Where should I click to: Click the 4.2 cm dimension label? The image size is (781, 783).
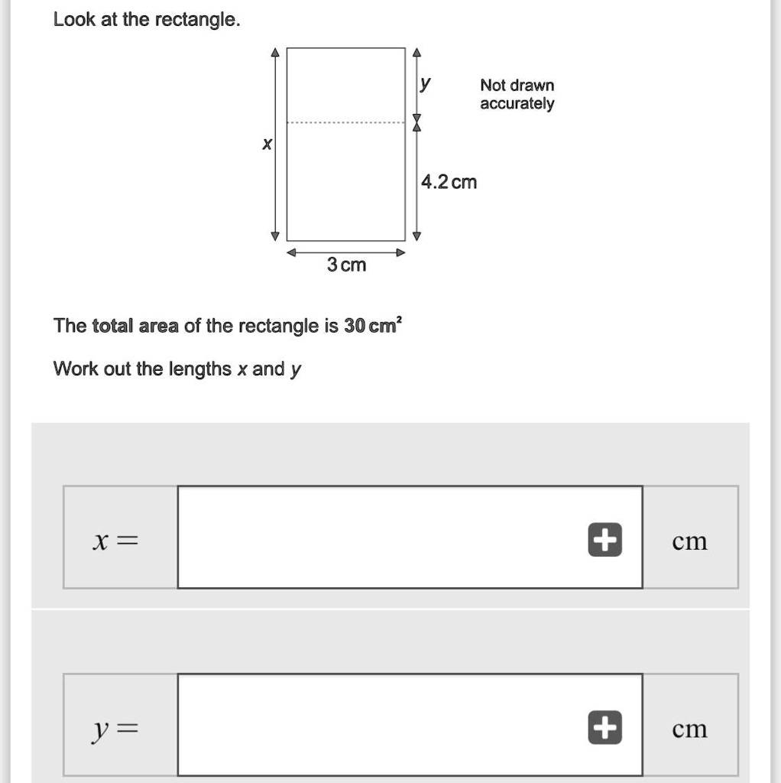(x=449, y=182)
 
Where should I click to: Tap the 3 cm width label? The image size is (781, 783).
(x=346, y=265)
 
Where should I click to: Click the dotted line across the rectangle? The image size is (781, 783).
(x=345, y=122)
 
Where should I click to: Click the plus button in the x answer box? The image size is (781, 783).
(x=604, y=541)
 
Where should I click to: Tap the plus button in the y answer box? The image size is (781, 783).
(x=604, y=728)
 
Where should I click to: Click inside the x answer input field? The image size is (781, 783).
(x=382, y=538)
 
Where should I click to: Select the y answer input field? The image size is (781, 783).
(x=382, y=725)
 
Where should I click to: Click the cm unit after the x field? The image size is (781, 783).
(x=689, y=541)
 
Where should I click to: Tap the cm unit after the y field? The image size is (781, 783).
(x=689, y=729)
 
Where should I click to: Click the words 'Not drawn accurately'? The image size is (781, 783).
(x=517, y=95)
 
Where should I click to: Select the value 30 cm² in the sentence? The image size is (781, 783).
(x=373, y=326)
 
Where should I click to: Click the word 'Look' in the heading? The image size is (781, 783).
(x=74, y=20)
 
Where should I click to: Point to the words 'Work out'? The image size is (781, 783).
(x=92, y=369)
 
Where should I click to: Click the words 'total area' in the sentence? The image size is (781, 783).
(x=135, y=327)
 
